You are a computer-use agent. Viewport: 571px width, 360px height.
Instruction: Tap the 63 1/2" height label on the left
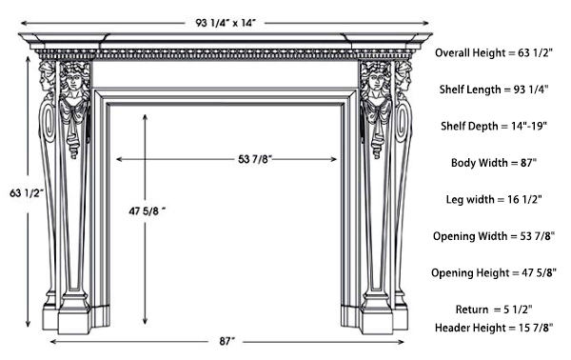(x=16, y=193)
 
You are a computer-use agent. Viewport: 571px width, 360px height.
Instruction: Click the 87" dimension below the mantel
(x=226, y=341)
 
